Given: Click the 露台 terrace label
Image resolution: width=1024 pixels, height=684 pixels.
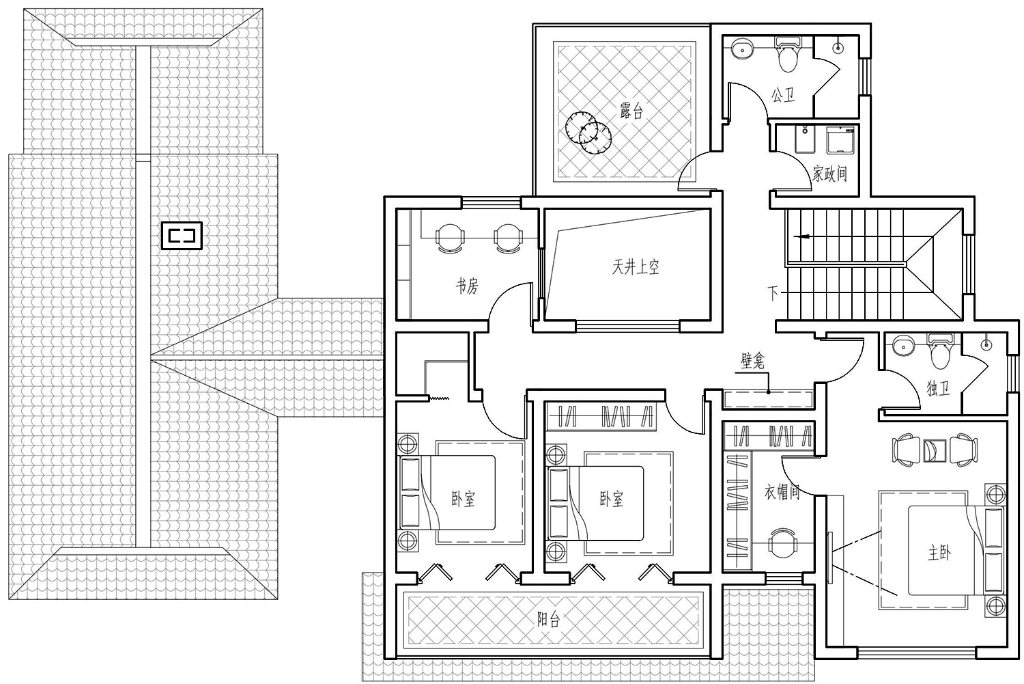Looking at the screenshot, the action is pos(631,111).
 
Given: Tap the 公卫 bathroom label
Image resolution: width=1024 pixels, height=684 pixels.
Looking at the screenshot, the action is pos(783,95).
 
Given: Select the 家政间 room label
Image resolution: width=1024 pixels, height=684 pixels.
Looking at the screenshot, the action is pos(829,174).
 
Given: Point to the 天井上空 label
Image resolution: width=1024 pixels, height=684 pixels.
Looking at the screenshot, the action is pos(636,267).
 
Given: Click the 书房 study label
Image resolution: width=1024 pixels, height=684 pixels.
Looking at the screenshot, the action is pos(467,286).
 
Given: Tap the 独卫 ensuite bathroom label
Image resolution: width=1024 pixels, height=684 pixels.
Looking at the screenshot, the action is pos(938,388).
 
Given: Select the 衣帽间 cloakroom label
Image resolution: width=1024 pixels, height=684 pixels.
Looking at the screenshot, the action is pos(782,492).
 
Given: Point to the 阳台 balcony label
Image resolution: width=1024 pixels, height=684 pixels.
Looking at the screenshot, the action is pos(549,620).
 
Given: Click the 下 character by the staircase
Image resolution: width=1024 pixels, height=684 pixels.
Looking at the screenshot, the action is pos(773,293).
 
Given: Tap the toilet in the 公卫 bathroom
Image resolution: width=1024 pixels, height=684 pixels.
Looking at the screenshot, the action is pos(788,55).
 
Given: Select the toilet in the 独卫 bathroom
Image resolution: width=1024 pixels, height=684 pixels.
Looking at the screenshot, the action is pos(940,351).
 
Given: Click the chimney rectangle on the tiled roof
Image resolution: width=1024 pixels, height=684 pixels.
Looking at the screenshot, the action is pos(182,236).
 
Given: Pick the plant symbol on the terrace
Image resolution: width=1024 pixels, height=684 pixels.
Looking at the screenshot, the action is pos(588,133).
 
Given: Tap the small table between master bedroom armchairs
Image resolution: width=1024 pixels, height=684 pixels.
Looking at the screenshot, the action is pos(935,450).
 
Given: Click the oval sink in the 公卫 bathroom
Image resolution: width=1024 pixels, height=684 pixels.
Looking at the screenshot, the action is pos(743,49).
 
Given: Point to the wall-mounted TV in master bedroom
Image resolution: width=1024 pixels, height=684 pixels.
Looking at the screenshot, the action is pos(829,558).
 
